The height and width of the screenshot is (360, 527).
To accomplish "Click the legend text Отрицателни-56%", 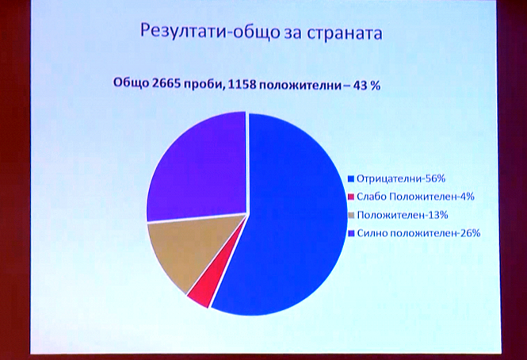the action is coord(401,178).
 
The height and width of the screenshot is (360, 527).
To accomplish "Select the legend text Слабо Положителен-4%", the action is coord(415,197).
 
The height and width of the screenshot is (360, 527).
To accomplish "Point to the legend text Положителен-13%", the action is coord(403,215).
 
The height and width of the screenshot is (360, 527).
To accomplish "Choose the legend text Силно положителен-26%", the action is coord(418,233).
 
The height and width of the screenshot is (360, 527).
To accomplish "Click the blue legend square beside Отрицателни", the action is coord(351,178).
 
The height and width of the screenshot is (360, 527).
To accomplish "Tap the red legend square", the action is coord(351,197).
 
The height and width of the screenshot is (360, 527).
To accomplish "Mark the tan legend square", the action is coord(351,215).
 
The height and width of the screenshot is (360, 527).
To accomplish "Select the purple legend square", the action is coord(351,233).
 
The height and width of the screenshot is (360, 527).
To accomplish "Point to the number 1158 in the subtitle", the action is coord(242,84).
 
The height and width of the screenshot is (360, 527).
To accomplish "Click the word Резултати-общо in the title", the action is coord(205,32).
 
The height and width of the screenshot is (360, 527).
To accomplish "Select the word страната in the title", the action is coord(345,33).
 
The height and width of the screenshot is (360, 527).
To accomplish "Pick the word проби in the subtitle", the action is coord(204,84).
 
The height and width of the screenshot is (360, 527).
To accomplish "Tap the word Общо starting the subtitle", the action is coord(131,82).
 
